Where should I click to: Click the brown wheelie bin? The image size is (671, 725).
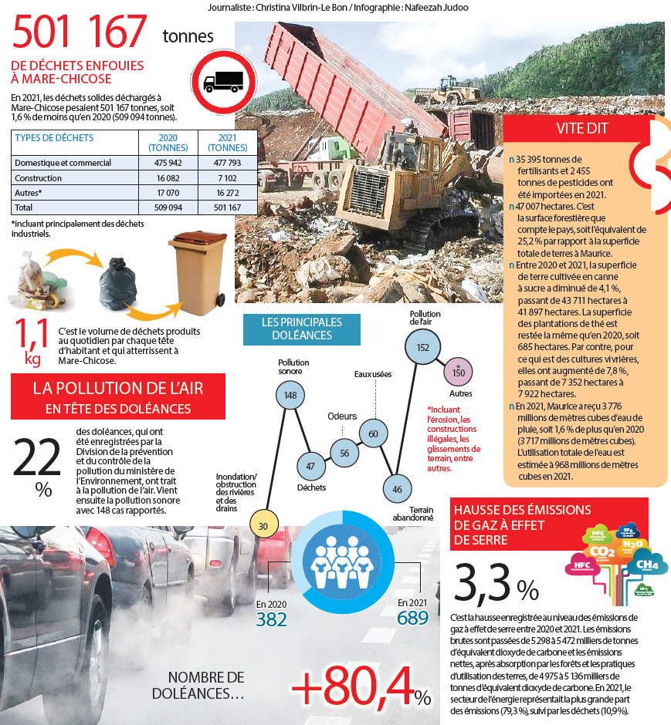(x=197, y=275)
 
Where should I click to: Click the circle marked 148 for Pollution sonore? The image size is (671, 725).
(x=290, y=396)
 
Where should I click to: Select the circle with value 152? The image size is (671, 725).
(x=422, y=347)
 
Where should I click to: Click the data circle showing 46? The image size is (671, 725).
(x=397, y=488)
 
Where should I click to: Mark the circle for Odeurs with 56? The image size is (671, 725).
(x=344, y=453)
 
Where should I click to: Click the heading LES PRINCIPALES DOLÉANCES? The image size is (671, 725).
(x=302, y=329)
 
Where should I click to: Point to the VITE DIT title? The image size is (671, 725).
(x=582, y=129)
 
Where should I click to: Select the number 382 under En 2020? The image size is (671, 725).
(x=272, y=619)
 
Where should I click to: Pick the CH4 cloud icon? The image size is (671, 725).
(x=647, y=565)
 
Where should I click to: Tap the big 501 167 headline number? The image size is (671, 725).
(x=80, y=32)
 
